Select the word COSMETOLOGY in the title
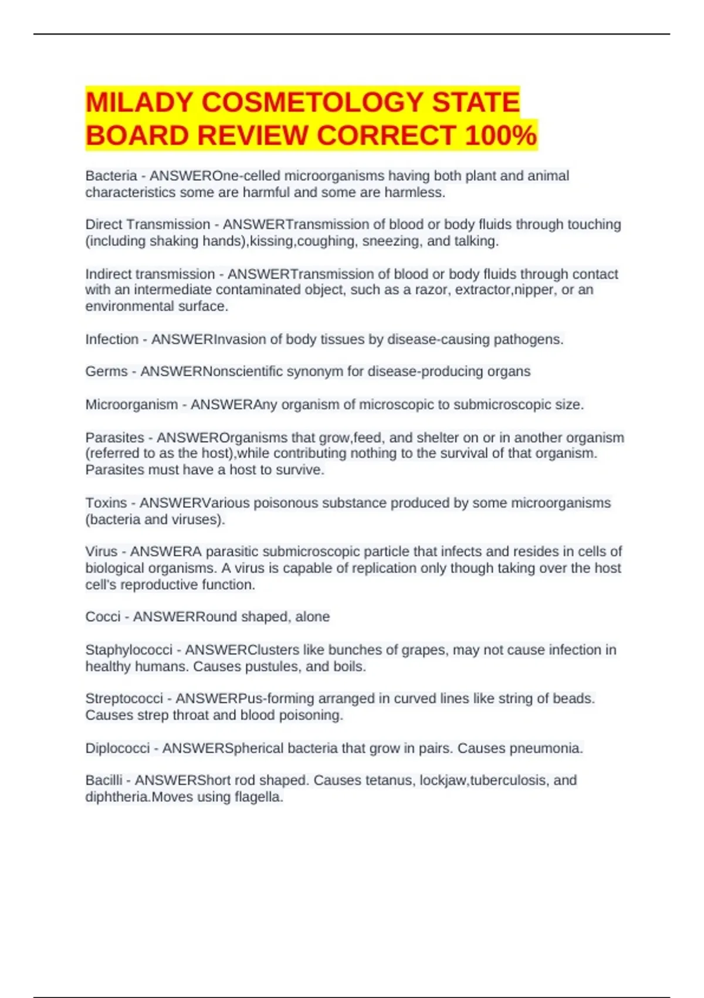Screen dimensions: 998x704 pyautogui.click(x=312, y=103)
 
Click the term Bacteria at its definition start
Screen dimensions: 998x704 pyautogui.click(x=111, y=176)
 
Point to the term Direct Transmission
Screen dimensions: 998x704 pyautogui.click(x=147, y=225)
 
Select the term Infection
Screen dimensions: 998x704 pyautogui.click(x=111, y=339)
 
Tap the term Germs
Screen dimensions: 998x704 pyautogui.click(x=106, y=372)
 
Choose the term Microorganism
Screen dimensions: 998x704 pyautogui.click(x=131, y=404)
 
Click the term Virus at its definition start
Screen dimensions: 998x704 pyautogui.click(x=101, y=552)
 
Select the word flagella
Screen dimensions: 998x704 pyautogui.click(x=258, y=797)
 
